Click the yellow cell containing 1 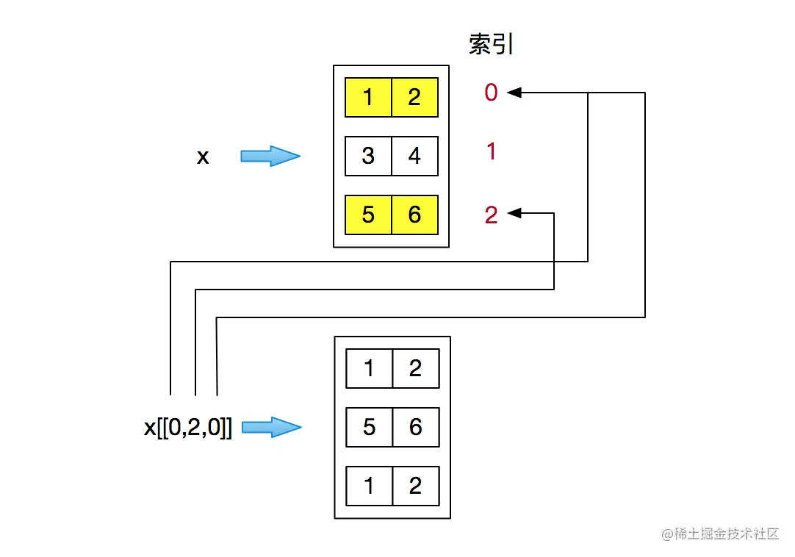[x=368, y=98]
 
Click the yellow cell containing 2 [x=414, y=98]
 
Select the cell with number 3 [x=368, y=156]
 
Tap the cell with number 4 [x=414, y=156]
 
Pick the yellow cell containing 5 [x=368, y=215]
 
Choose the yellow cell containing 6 [x=414, y=215]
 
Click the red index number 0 [x=491, y=93]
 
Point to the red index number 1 [x=491, y=152]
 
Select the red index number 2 [x=491, y=215]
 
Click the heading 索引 [x=491, y=45]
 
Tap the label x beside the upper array [x=203, y=157]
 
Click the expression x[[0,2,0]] [x=188, y=428]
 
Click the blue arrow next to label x [x=270, y=156]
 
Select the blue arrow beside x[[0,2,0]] [x=271, y=427]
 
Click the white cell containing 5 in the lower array [x=370, y=427]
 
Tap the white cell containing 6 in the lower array [x=416, y=427]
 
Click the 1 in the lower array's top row [x=370, y=368]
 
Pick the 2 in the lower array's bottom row [x=416, y=486]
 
